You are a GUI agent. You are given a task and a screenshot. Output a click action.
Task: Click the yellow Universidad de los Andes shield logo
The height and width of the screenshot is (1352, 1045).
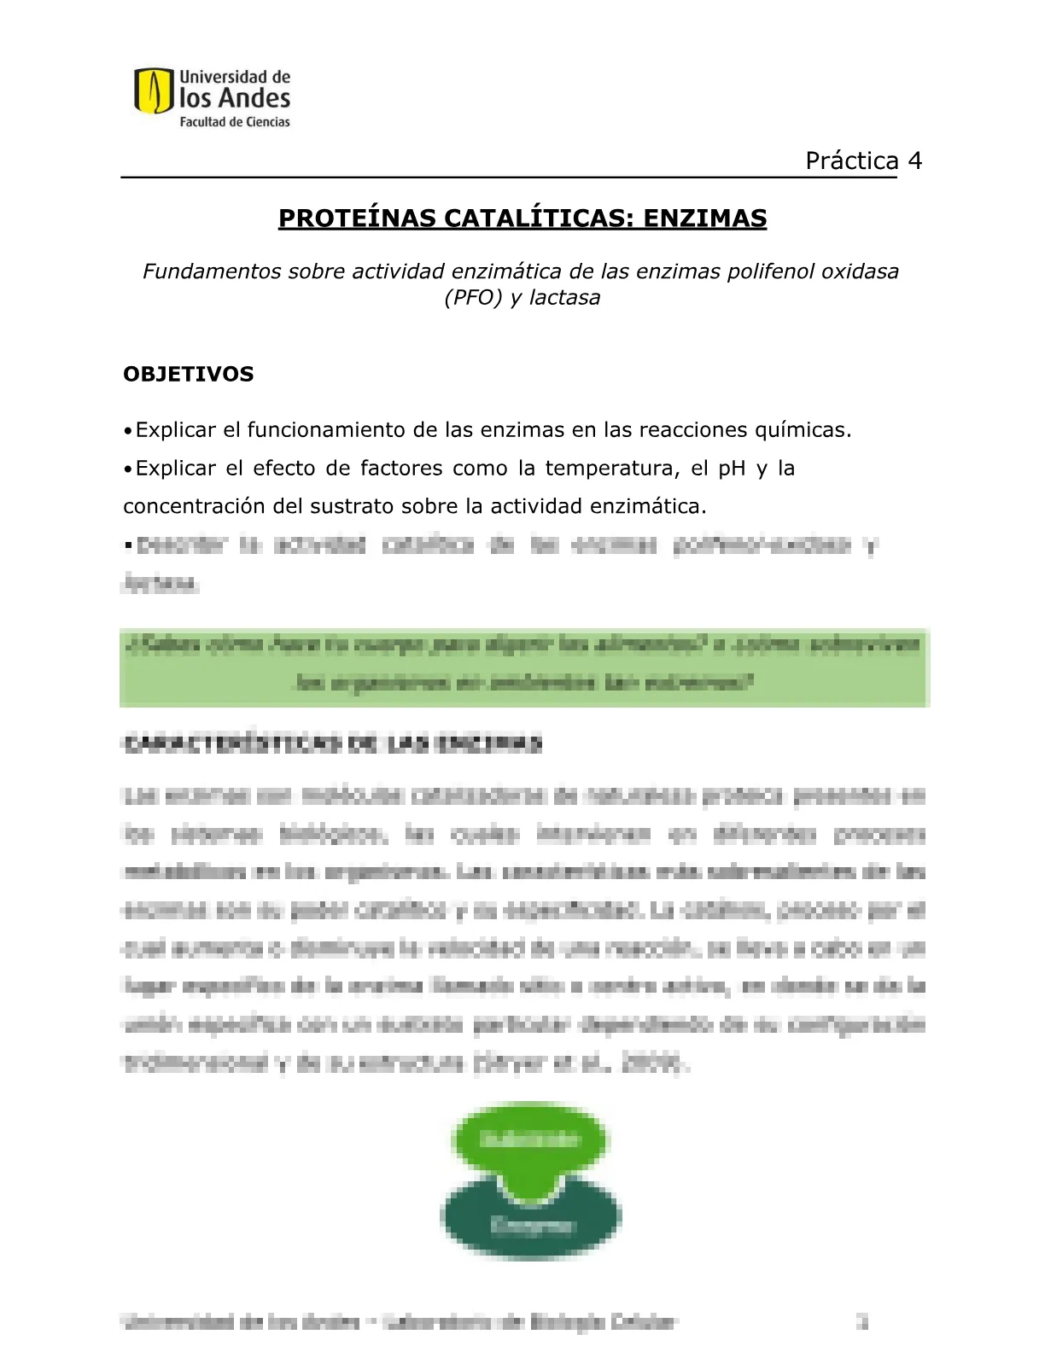point(155,91)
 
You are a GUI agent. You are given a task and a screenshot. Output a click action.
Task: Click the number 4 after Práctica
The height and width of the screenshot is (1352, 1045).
point(914,161)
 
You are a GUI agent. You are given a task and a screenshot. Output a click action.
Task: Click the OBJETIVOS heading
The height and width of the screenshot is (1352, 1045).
point(189,375)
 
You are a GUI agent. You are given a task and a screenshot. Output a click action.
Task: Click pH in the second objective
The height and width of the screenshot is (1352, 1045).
point(732,469)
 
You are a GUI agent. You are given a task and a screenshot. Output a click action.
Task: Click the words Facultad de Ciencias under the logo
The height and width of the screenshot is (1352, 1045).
point(234,122)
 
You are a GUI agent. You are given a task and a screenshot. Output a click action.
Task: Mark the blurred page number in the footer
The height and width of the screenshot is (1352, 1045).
point(862,1322)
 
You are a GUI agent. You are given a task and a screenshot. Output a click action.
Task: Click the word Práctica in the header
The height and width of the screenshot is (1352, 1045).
point(852,161)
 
